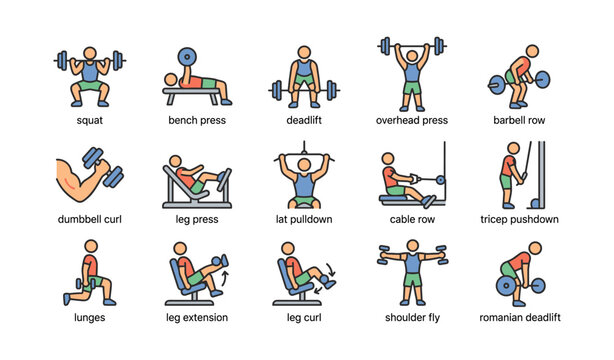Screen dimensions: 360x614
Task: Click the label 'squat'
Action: coord(89,120)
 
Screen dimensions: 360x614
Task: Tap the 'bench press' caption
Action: coord(197,120)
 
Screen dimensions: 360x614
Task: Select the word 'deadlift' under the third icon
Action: coord(304,120)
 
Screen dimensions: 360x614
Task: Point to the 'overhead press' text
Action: coord(411,120)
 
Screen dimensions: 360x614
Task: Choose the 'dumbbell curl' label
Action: coord(89,219)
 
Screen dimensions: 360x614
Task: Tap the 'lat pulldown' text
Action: coord(304,219)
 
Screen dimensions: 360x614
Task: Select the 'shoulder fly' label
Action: coord(411,318)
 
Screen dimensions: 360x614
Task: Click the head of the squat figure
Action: coord(90,51)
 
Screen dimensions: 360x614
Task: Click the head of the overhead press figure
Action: coord(411,53)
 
